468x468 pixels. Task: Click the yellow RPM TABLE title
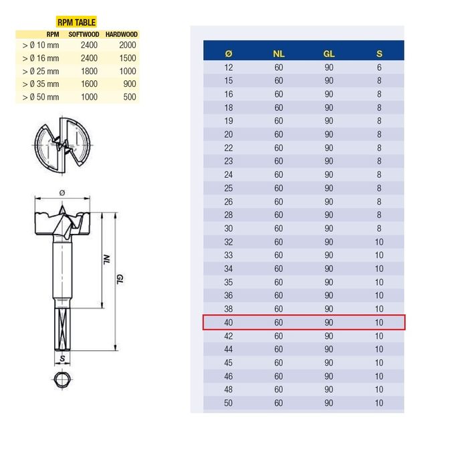click(76, 22)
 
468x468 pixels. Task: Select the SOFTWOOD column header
click(84, 34)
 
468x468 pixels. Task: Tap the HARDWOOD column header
click(122, 34)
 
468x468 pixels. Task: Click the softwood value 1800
click(89, 72)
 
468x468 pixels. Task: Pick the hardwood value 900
click(130, 84)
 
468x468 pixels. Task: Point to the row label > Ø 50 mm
click(41, 97)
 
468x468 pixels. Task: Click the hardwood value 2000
click(128, 45)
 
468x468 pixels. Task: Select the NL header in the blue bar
click(279, 53)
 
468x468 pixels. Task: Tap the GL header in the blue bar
click(329, 53)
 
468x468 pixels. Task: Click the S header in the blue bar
click(379, 53)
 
